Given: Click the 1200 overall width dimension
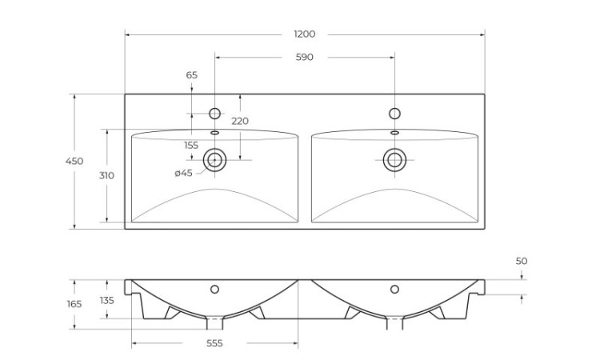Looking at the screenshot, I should tap(304, 34).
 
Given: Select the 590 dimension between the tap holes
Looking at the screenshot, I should tap(304, 57).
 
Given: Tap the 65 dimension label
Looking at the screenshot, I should tap(192, 75).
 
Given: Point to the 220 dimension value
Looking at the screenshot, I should tap(239, 121).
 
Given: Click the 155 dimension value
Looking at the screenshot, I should tap(191, 145).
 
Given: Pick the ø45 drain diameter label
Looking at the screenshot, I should tap(183, 173).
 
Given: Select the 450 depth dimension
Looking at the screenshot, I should tap(74, 162).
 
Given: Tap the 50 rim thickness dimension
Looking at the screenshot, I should tap(522, 261).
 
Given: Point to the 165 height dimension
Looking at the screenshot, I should tap(74, 304).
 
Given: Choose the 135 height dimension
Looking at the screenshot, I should tap(106, 300).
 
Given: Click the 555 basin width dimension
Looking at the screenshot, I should tap(214, 343).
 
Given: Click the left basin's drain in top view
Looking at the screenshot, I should tap(214, 159).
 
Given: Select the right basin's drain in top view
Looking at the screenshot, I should tap(394, 159).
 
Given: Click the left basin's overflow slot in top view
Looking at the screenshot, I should tap(214, 133).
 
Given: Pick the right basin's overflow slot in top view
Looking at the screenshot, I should tap(394, 133).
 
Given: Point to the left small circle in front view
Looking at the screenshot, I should tap(214, 289).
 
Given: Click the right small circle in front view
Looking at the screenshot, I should tap(394, 289).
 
